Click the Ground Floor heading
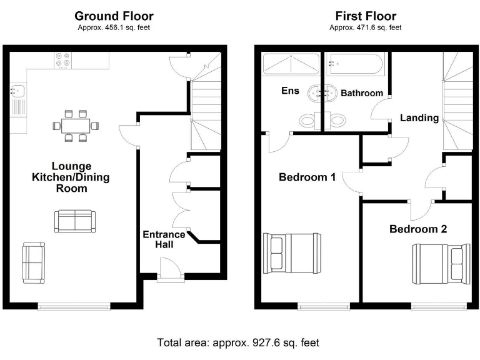tap(114, 16)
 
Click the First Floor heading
tap(366, 16)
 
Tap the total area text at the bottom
tap(238, 342)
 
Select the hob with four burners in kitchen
tap(62, 61)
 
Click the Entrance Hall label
tap(164, 239)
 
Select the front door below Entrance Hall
tap(169, 273)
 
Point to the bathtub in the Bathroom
tap(354, 64)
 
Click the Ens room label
tap(290, 91)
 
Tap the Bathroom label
tap(361, 93)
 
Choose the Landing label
tap(419, 117)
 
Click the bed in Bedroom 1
tap(292, 253)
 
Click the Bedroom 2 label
tap(418, 229)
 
